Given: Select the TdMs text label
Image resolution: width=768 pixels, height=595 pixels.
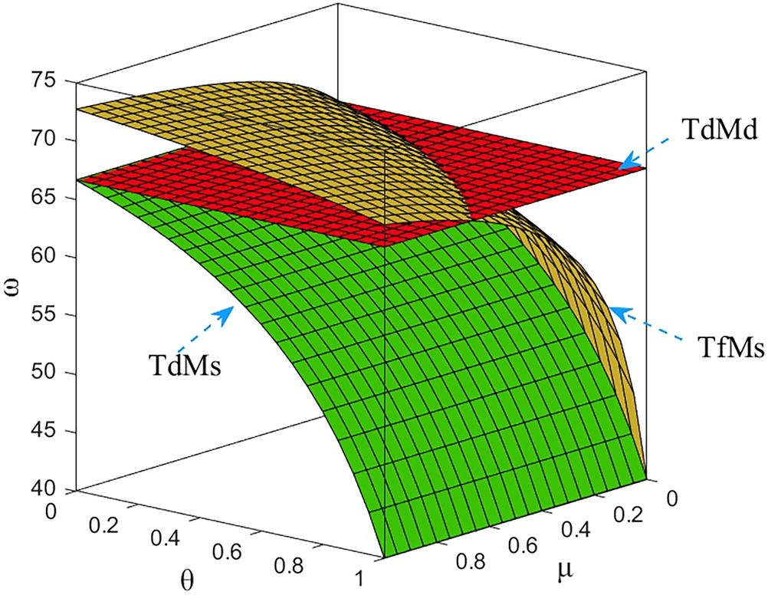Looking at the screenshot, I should point(185,364).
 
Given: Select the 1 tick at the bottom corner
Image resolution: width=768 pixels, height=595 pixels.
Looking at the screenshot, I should point(360,577).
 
